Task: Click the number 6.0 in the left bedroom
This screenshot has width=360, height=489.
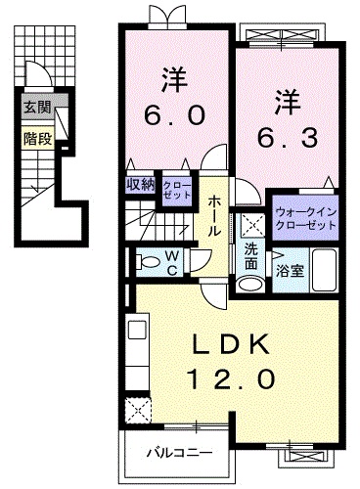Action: [176, 115]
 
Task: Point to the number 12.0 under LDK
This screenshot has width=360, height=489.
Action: [226, 378]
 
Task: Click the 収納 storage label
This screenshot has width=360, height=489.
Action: [139, 184]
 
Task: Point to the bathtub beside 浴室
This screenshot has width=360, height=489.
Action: [325, 267]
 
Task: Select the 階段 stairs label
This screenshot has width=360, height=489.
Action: [35, 138]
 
